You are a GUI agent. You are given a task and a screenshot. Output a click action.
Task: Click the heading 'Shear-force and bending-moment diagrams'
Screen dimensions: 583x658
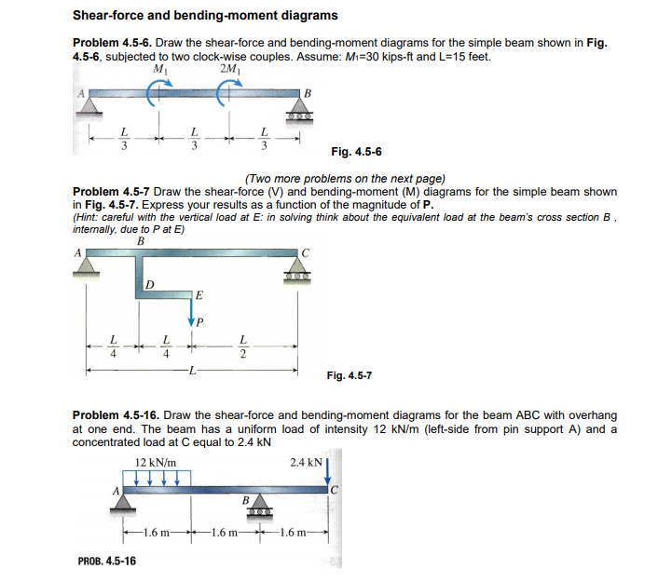205,16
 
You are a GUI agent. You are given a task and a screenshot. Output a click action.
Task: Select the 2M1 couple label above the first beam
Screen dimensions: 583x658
227,70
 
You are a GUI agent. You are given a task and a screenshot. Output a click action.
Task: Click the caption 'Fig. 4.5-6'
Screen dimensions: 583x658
356,152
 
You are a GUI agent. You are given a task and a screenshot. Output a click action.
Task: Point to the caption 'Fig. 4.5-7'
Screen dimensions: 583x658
350,375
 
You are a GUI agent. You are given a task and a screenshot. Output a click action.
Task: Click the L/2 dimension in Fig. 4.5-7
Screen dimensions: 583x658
244,345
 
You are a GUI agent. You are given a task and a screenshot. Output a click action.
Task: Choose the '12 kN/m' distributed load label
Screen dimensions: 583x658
156,463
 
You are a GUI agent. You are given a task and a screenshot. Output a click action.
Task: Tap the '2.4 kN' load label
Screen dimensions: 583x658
307,463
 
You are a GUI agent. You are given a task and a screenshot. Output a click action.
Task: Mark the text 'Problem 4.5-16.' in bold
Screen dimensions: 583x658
118,414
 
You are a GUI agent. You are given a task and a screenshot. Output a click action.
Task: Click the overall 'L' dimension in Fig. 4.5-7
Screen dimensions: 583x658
192,372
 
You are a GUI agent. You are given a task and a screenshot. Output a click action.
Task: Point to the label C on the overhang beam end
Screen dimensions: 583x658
333,489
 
